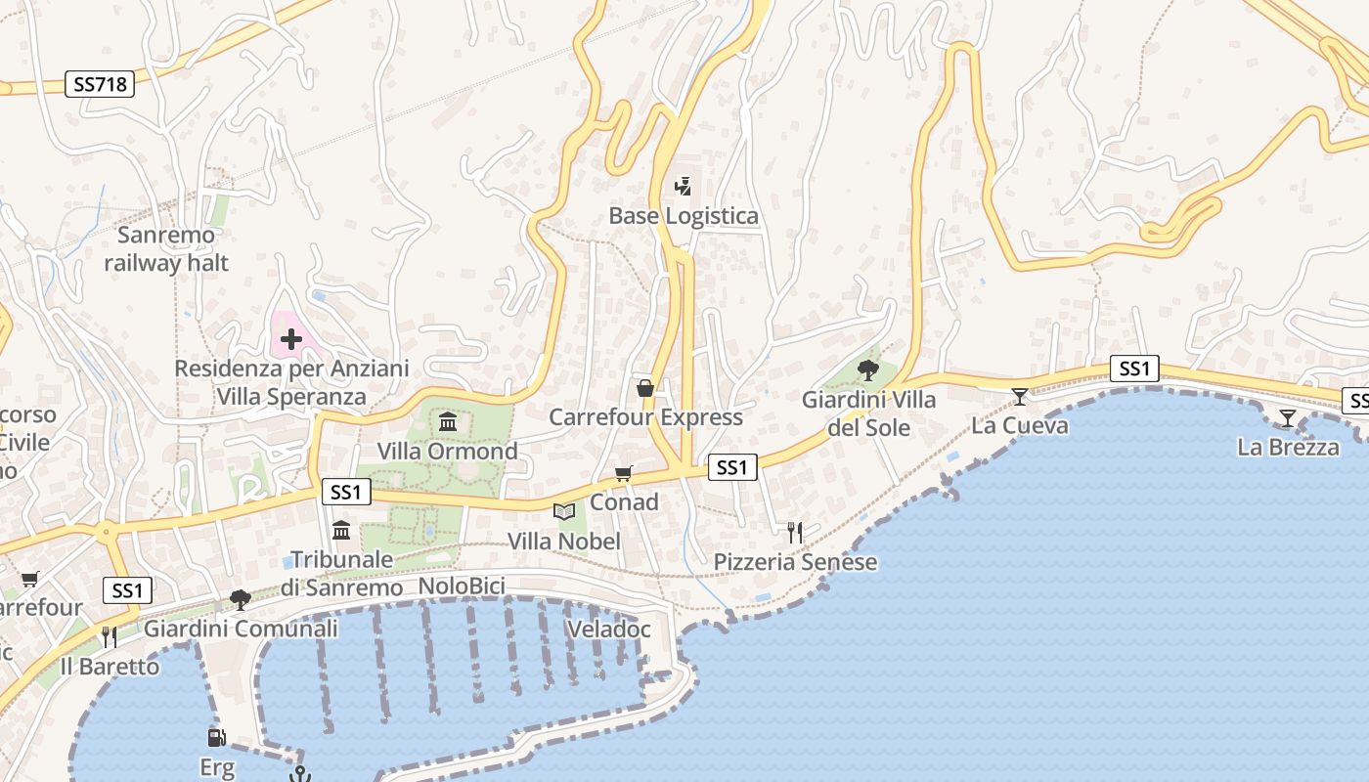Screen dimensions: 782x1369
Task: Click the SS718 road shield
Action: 101,84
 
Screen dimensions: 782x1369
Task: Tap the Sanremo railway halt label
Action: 166,249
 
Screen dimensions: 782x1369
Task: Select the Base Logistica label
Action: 684,216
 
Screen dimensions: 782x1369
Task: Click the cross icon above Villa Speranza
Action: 290,339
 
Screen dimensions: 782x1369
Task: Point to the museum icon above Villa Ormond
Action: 448,422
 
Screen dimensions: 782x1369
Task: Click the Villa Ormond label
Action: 448,452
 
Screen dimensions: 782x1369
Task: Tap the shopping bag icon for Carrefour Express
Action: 645,389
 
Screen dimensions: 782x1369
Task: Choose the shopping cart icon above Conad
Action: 623,474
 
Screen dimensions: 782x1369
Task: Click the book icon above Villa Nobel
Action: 564,511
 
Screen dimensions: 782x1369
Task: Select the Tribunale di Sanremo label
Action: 341,574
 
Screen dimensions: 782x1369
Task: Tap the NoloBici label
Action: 462,586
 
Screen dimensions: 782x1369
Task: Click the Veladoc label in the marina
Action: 608,630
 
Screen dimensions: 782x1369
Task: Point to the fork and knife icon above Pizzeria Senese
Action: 795,533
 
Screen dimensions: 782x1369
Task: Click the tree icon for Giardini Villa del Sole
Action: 867,370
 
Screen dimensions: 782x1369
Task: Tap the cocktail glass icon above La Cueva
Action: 1020,396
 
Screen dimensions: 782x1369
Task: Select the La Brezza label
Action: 1288,448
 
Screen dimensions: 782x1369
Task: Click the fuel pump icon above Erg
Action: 216,738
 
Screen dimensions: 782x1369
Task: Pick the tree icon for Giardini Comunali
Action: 240,599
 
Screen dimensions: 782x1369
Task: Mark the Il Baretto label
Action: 110,667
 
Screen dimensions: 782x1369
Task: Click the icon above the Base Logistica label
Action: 684,186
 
